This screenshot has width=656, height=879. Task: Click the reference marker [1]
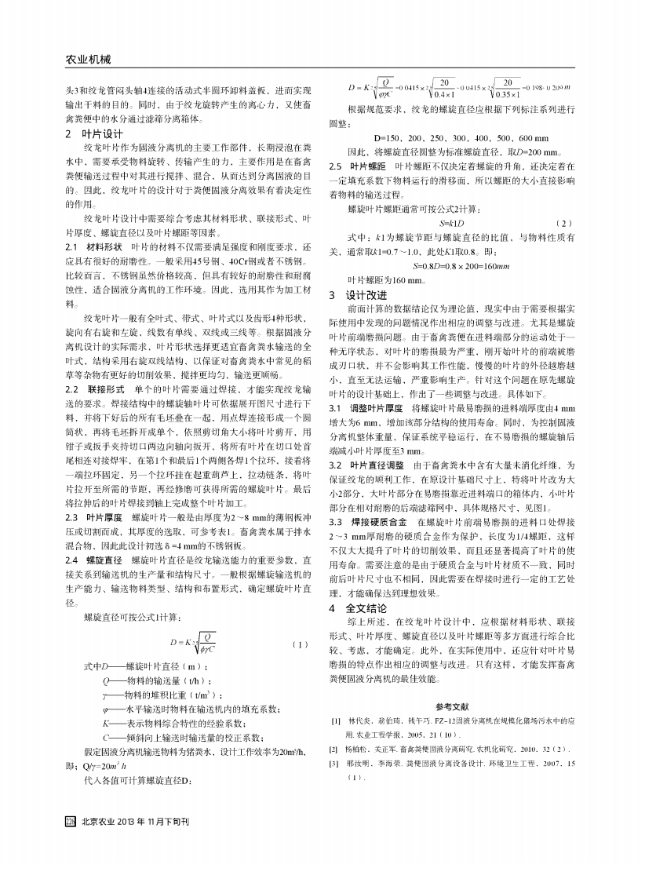[x=335, y=719]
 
